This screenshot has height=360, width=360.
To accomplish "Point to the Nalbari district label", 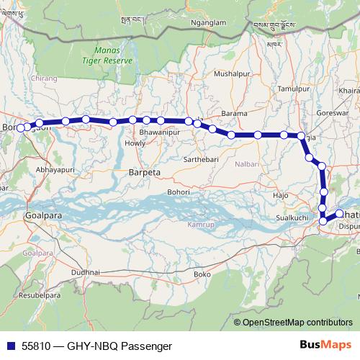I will click(x=247, y=165).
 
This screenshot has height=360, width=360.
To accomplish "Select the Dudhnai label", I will click(x=85, y=271).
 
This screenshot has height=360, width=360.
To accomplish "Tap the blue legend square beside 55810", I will click(x=9, y=346).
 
